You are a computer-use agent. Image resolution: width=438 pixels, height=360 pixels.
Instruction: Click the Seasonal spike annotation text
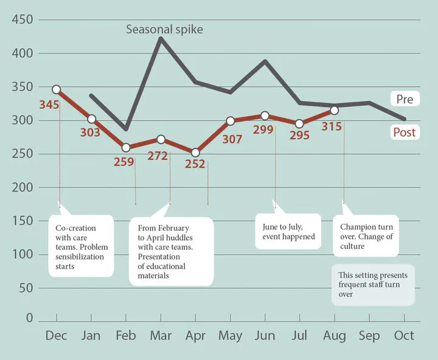click(164, 29)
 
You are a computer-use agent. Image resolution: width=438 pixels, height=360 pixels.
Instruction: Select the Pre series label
click(405, 99)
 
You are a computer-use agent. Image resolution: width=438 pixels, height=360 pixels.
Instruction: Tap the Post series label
click(405, 132)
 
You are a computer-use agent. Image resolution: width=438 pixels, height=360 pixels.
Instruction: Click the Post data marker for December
click(57, 89)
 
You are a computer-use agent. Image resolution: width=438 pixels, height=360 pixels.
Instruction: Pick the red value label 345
click(49, 105)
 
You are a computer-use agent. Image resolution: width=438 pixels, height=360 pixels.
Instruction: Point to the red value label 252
click(195, 164)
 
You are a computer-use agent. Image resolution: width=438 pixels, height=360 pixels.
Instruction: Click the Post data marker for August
click(334, 110)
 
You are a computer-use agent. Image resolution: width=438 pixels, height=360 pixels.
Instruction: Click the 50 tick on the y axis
click(26, 287)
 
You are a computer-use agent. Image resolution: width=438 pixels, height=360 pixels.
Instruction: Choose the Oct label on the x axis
click(404, 336)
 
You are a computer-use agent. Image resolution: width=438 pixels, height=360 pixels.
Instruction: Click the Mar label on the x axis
click(160, 336)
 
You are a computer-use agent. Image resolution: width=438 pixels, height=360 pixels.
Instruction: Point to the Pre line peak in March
click(160, 39)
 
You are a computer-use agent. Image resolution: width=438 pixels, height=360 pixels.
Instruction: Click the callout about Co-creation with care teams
click(80, 246)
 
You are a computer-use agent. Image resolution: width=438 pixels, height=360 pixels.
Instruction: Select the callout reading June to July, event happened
click(288, 231)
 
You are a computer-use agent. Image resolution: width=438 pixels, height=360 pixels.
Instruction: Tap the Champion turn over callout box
click(366, 236)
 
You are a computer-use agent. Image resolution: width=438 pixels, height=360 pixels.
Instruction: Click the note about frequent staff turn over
click(373, 285)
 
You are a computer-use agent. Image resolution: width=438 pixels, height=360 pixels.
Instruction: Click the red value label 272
click(158, 156)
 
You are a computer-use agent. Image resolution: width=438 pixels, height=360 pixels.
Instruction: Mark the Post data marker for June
click(265, 116)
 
